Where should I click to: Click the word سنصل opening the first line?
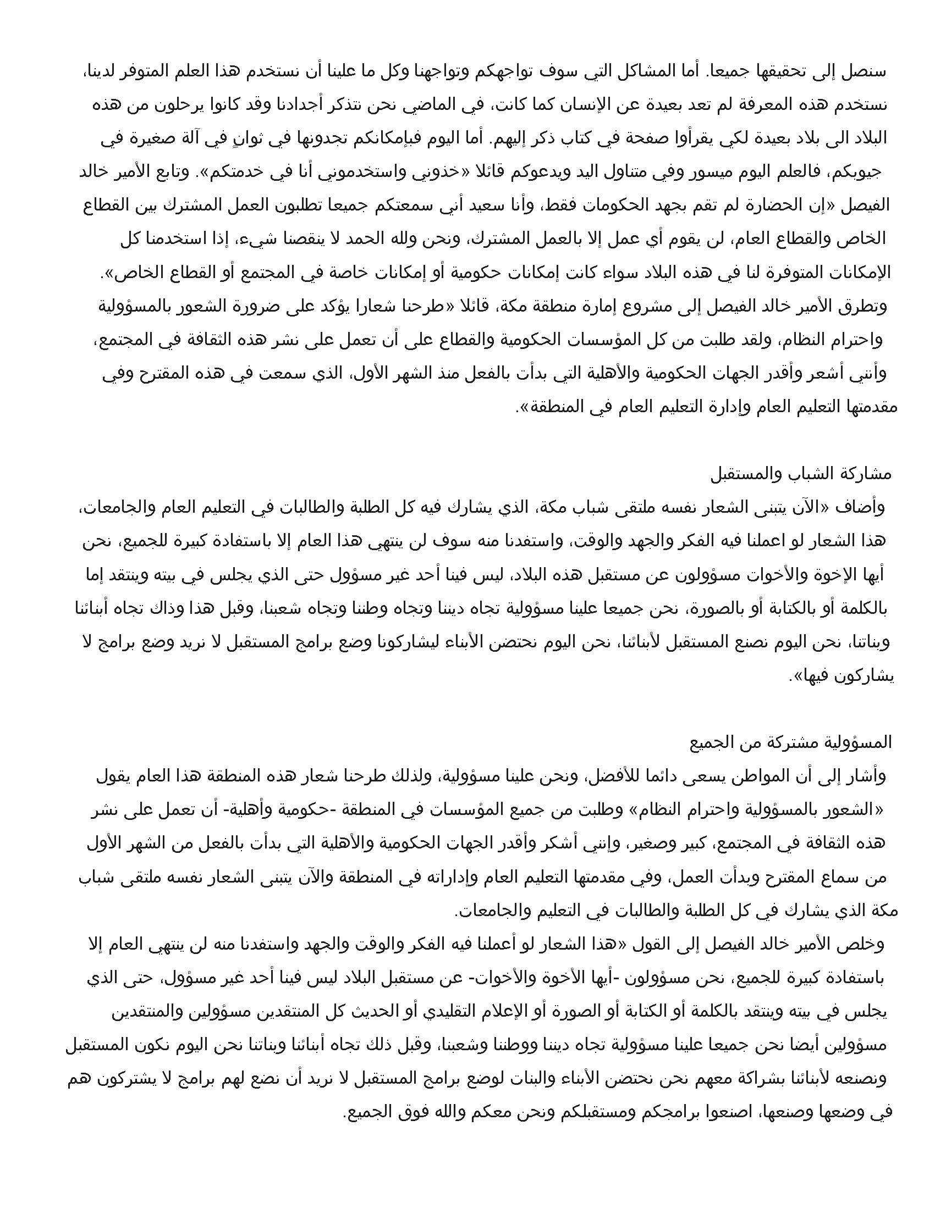click(865, 72)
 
